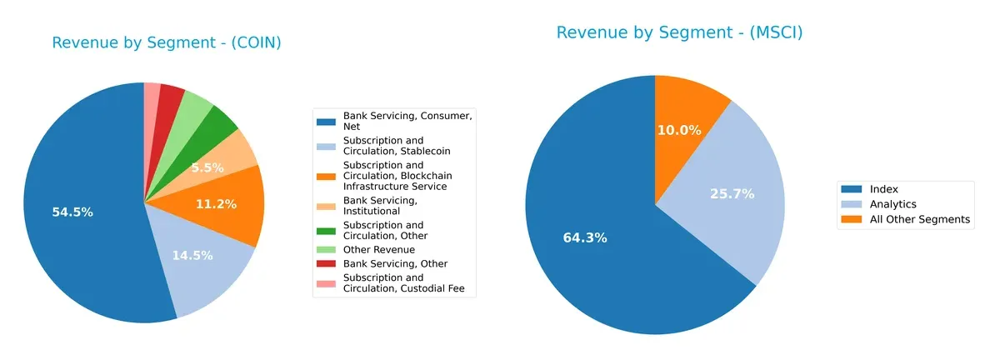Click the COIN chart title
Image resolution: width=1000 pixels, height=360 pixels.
tap(167, 43)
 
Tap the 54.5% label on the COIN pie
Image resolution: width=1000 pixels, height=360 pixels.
tap(72, 212)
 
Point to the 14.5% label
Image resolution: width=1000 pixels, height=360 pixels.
tap(192, 255)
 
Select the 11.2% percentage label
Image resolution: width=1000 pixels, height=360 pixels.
tap(215, 204)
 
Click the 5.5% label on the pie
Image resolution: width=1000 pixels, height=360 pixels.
tap(207, 167)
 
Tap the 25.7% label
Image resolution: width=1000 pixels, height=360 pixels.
tap(733, 194)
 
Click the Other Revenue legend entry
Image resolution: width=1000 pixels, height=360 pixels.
tap(378, 249)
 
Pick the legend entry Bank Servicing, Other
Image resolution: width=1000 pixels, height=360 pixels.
tap(395, 264)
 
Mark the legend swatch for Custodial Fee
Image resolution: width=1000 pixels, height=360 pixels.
tap(326, 283)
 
